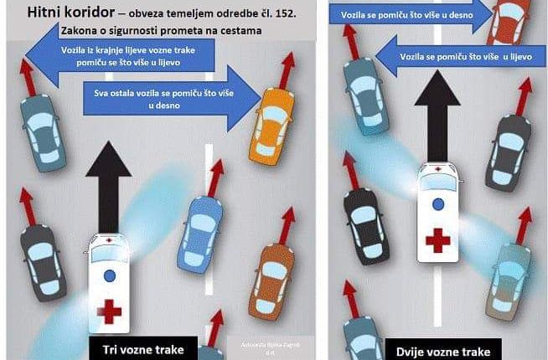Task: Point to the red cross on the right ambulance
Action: (x=437, y=239)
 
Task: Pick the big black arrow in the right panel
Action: (x=437, y=117)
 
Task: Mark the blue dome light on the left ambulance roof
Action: (x=107, y=275)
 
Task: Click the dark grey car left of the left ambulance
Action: (x=42, y=253)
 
